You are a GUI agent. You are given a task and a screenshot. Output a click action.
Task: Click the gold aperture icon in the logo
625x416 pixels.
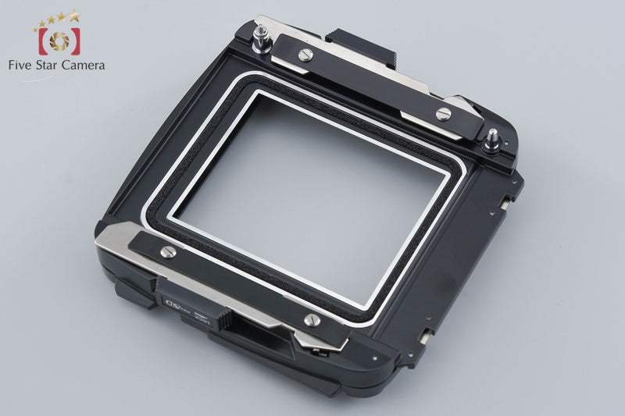coord(55,37)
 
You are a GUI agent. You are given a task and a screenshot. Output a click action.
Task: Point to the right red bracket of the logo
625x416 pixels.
coord(73,38)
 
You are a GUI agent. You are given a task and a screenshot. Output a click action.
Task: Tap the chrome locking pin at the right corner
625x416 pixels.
coord(494,140)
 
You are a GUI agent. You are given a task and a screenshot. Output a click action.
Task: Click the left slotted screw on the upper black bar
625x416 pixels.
coord(303,55)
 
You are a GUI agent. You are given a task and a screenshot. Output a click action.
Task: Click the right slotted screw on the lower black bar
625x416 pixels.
coord(311,318)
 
